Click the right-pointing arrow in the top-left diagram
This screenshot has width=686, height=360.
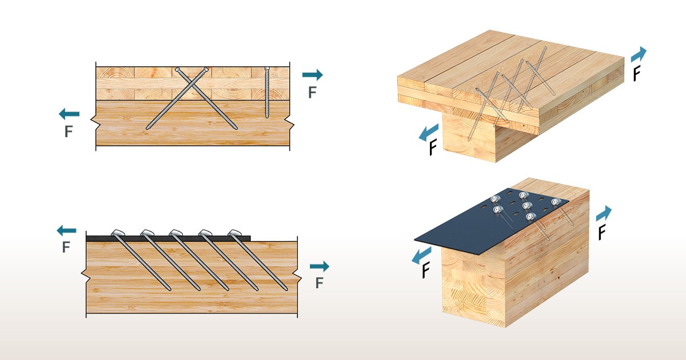click(312, 74)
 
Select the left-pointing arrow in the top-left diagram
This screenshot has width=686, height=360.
click(69, 114)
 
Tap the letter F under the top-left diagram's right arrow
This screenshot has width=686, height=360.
click(312, 93)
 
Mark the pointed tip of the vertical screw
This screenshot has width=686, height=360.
click(267, 117)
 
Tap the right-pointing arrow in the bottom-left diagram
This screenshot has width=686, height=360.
click(319, 266)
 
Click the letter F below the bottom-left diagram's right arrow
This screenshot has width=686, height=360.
click(320, 283)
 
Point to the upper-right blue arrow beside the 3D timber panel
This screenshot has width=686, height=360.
click(639, 55)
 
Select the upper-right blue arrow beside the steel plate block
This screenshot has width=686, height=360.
click(604, 214)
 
